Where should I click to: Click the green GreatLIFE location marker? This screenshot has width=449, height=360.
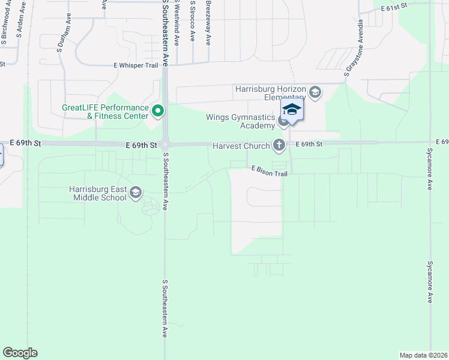click(158, 110)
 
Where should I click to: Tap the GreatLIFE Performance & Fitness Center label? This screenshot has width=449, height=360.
click(106, 112)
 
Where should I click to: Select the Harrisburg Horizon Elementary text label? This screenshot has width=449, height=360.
click(271, 93)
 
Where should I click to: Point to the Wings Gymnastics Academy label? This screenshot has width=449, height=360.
click(240, 121)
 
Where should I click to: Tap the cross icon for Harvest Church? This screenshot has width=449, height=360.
click(279, 145)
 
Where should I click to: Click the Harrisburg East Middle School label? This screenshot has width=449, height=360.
click(98, 193)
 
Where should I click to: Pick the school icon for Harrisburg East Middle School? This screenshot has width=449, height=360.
click(136, 192)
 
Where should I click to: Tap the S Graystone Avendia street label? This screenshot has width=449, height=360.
click(354, 48)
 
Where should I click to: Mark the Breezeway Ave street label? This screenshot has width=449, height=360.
click(208, 22)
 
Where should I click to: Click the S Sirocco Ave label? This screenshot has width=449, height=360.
click(192, 21)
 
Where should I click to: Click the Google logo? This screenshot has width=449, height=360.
click(20, 352)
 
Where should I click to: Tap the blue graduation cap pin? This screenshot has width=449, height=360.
click(292, 110)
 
